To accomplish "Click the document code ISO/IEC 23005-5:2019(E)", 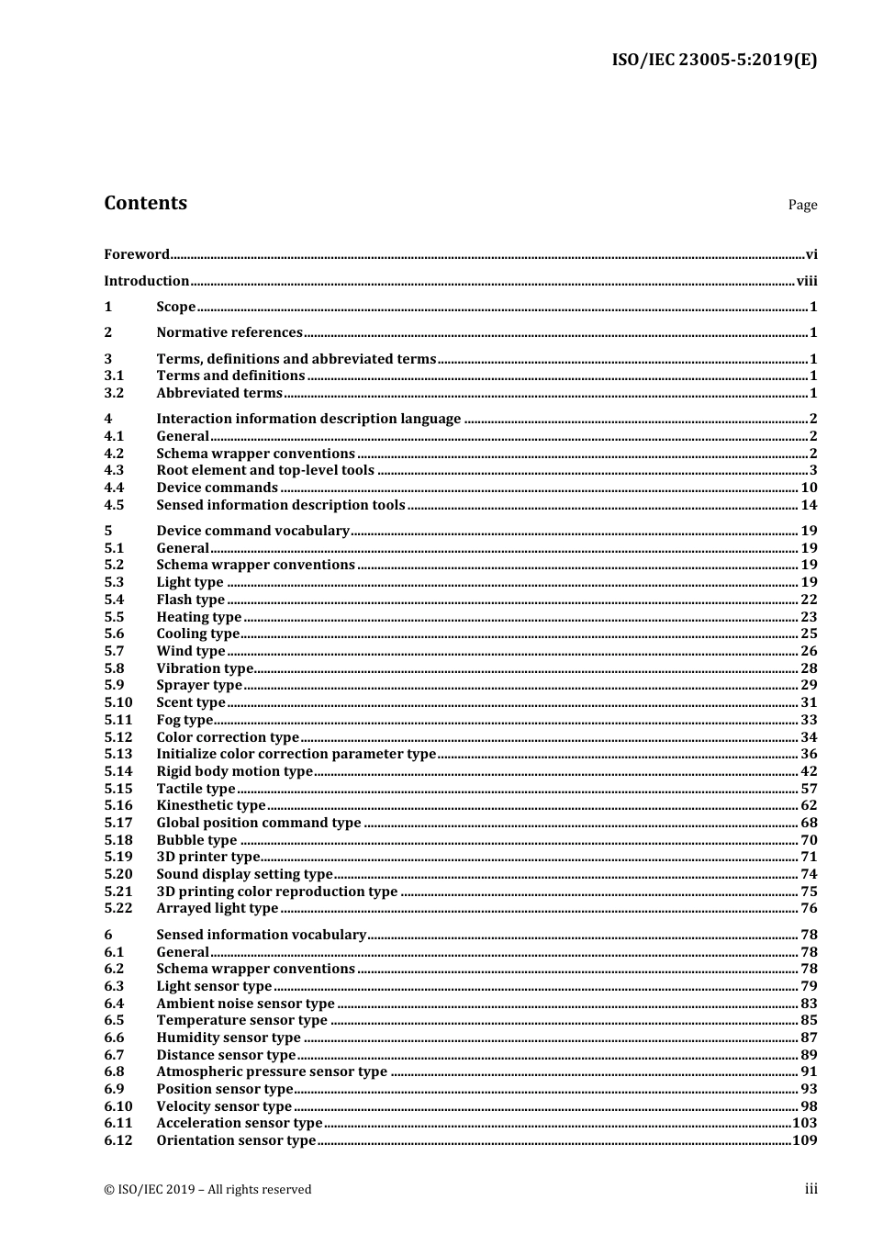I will (713, 61).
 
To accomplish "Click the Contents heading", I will (145, 203).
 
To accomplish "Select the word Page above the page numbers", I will (801, 205).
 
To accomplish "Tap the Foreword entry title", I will (137, 254).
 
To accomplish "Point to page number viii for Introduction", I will (806, 281).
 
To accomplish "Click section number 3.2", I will (114, 393).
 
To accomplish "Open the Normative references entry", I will (229, 332).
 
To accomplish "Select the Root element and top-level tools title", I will (265, 470).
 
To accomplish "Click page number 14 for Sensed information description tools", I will (808, 505).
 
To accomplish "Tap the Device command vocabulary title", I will (253, 531).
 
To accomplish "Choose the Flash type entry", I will (190, 600).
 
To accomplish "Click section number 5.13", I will (117, 754).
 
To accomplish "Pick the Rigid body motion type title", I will (235, 771).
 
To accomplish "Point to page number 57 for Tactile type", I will (808, 789).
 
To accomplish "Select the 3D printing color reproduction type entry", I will (277, 892).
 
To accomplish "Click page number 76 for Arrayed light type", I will (808, 908).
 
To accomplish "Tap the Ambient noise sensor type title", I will (245, 1004).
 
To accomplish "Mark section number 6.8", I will (114, 1071).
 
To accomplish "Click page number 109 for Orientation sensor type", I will (804, 1140).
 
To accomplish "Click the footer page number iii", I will (811, 1189).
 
